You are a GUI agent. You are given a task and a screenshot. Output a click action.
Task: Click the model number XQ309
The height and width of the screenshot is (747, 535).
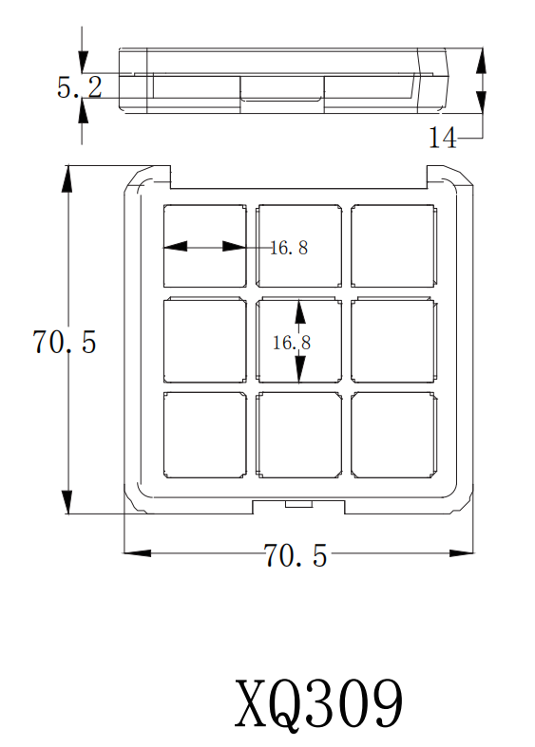pyautogui.click(x=319, y=703)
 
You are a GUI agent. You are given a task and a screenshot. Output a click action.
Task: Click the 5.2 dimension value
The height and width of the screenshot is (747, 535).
pyautogui.click(x=80, y=87)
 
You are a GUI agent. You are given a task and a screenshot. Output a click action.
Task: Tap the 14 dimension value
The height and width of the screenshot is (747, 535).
pyautogui.click(x=443, y=138)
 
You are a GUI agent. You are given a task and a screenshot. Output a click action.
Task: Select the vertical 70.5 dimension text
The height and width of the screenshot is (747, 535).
pyautogui.click(x=65, y=342)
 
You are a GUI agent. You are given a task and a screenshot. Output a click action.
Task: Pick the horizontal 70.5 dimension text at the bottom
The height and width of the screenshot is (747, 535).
pyautogui.click(x=296, y=555)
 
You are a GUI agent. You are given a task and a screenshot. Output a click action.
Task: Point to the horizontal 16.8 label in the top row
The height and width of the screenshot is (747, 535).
pyautogui.click(x=289, y=248)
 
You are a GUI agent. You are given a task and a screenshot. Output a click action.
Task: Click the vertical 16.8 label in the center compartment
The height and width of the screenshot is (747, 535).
pyautogui.click(x=292, y=343)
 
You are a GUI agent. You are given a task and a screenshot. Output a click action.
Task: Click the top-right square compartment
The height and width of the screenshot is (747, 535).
pyautogui.click(x=393, y=246)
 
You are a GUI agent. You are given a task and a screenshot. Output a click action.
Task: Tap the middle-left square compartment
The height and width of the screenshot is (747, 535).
pyautogui.click(x=205, y=340)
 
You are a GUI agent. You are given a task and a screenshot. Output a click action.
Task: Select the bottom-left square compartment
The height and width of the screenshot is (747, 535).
pyautogui.click(x=205, y=435)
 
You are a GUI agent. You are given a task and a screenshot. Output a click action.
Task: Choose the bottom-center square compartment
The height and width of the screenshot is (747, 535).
pyautogui.click(x=299, y=435)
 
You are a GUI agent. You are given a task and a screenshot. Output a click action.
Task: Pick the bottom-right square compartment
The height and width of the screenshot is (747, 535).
pyautogui.click(x=393, y=435)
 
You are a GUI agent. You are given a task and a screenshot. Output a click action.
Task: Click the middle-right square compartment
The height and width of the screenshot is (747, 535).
pyautogui.click(x=393, y=340)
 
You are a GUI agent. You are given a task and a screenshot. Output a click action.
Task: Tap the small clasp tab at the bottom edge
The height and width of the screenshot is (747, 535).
pyautogui.click(x=299, y=504)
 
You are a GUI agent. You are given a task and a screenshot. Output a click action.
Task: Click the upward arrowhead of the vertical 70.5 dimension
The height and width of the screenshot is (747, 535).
pyautogui.click(x=68, y=178)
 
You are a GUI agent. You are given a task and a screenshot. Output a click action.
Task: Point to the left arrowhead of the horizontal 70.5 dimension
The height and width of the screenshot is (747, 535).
pyautogui.click(x=138, y=552)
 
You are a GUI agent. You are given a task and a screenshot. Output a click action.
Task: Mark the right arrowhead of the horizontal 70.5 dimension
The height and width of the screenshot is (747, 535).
pyautogui.click(x=462, y=552)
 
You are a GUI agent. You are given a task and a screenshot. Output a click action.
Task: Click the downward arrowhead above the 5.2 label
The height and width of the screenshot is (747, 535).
pyautogui.click(x=83, y=61)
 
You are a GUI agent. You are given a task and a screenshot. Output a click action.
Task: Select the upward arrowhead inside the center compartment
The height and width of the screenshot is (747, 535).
pyautogui.click(x=299, y=311)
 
